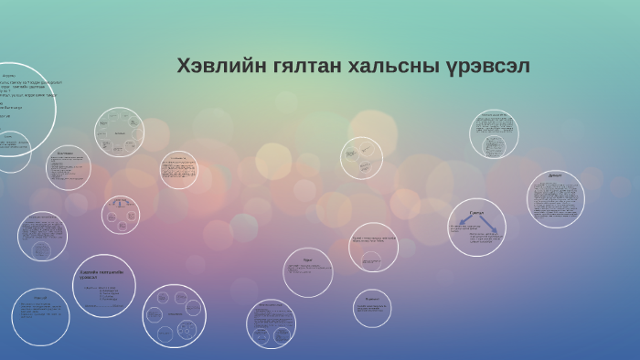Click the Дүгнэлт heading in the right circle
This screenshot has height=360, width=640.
pos(555,175)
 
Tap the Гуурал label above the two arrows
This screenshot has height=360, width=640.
pos(476,212)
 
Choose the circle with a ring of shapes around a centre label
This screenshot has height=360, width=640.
pos(120,132)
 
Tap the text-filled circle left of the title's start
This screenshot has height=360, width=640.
pos(178,170)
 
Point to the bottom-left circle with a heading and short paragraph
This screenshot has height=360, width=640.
pos(40,316)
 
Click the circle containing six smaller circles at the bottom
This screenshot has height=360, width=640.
pos(172,315)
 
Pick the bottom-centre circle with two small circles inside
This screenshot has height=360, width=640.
pos(271,323)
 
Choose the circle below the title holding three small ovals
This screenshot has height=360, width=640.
pos(361,158)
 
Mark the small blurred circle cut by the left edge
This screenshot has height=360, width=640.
pos(13,151)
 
